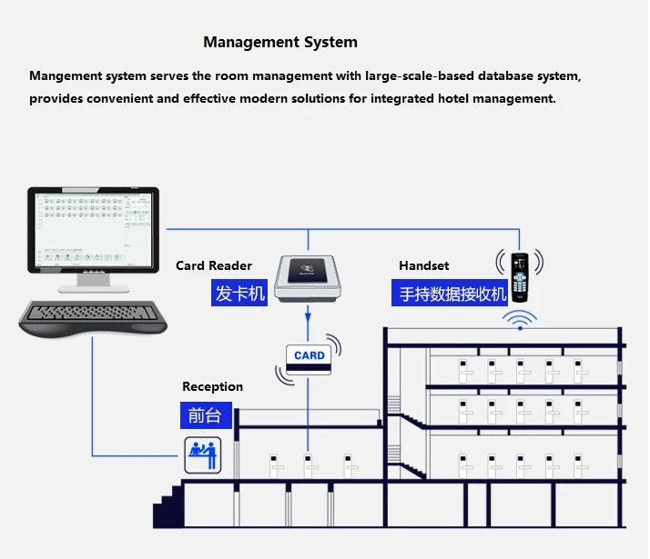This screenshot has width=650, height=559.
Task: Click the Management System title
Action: (x=280, y=42)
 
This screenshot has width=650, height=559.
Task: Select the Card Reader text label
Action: (x=214, y=265)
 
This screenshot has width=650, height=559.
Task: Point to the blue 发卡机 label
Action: (x=240, y=293)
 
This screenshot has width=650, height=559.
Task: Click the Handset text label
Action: (x=424, y=265)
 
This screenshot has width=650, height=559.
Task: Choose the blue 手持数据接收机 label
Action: (x=453, y=293)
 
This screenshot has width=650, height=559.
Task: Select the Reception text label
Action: (x=212, y=386)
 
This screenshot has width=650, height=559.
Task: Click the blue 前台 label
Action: (x=205, y=415)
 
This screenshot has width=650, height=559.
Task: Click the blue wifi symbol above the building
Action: (x=519, y=321)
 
